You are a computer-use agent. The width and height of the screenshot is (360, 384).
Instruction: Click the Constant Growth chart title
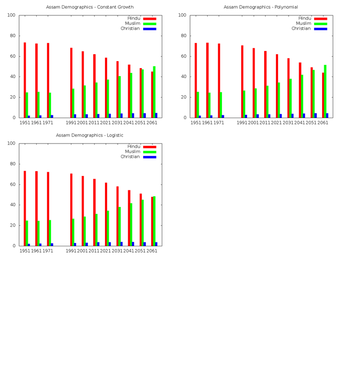tap(90, 7)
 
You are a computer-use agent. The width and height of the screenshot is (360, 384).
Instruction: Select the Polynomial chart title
tap(260, 7)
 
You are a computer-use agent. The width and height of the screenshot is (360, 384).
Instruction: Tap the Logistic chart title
tap(90, 135)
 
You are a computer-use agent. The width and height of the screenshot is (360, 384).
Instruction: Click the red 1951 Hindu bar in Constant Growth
tap(24, 80)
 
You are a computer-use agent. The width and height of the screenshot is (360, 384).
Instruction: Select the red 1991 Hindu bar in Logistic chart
tap(71, 209)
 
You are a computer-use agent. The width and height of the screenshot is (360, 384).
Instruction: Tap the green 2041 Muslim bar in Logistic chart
tap(131, 224)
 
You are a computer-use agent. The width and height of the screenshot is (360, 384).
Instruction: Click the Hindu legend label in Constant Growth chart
tap(134, 19)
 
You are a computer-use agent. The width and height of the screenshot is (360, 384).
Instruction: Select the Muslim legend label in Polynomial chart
tap(304, 23)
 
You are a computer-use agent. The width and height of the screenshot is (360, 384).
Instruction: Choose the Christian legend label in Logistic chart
tap(130, 157)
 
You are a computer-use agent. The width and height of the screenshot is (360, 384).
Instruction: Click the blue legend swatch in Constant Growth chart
tap(150, 29)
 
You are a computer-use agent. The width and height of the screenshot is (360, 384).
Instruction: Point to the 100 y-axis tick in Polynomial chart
tap(182, 15)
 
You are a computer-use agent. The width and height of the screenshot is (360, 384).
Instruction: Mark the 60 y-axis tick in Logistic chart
tap(13, 185)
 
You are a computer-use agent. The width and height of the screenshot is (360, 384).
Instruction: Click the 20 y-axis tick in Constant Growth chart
tap(13, 97)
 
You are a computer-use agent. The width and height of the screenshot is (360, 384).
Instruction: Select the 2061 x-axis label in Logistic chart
tap(152, 251)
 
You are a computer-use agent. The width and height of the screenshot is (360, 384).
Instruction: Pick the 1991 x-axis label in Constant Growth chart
tap(71, 123)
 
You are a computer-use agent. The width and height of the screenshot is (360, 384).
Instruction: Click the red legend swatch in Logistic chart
tap(150, 147)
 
